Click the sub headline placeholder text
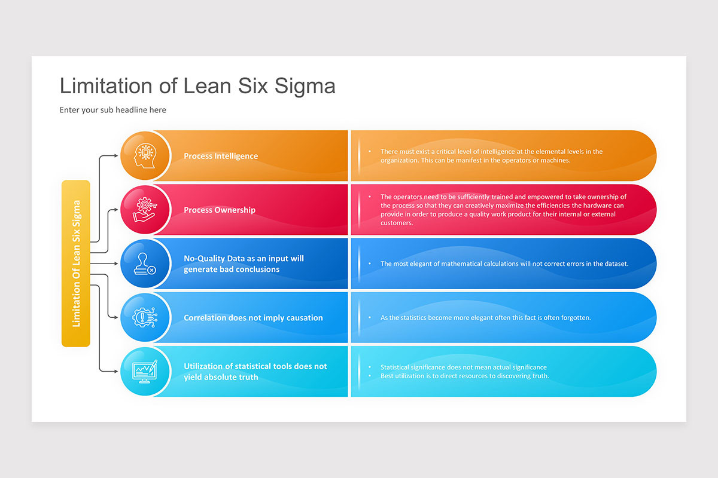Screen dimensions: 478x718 tap(112, 110)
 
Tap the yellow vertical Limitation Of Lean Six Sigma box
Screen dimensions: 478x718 tap(76, 263)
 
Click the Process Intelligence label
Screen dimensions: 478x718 tap(221, 156)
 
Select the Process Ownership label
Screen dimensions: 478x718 tap(220, 210)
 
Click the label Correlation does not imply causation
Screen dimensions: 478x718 tap(253, 318)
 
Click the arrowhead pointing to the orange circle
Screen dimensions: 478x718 tap(116, 156)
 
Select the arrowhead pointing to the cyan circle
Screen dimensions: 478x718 tap(116, 371)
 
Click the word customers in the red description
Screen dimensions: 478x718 tap(397, 223)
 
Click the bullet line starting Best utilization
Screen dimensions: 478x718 tap(464, 376)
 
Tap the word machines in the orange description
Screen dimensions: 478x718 tap(555, 160)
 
